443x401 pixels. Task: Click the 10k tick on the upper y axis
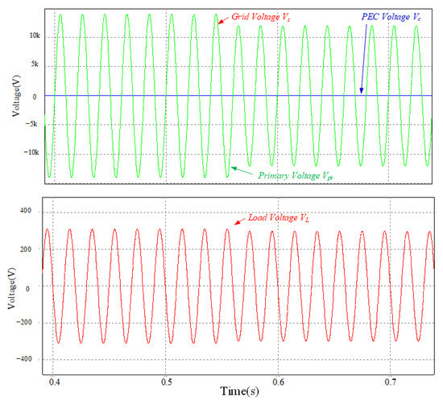click(32, 36)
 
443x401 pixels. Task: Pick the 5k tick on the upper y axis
click(35, 66)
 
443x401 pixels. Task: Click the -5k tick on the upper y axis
click(33, 126)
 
